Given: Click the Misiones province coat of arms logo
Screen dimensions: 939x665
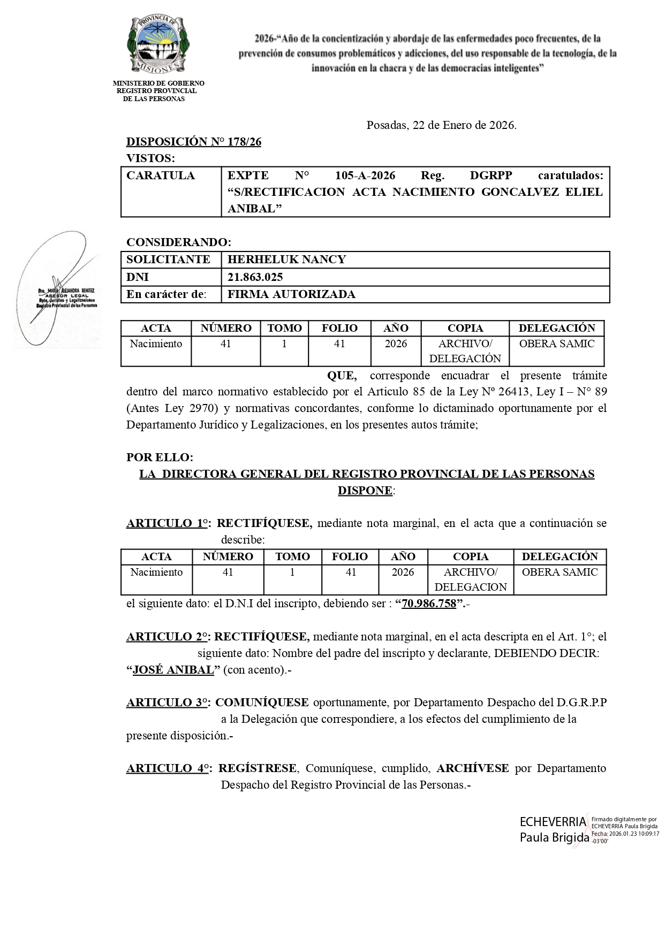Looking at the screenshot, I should (x=158, y=45).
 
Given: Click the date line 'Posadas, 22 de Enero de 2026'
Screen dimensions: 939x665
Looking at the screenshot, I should (x=441, y=126).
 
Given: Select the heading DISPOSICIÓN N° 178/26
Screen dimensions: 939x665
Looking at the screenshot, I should (x=193, y=142).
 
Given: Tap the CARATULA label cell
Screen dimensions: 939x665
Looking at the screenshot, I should (x=161, y=176).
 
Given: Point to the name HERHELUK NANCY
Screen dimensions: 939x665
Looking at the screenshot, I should (x=286, y=260).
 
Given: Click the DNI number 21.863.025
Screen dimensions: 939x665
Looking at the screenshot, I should (x=255, y=277).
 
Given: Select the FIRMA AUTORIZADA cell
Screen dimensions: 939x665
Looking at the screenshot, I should (x=291, y=294).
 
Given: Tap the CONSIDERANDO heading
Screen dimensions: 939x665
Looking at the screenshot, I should (x=178, y=242).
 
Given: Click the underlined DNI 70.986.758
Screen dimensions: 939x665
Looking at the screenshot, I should (x=429, y=604).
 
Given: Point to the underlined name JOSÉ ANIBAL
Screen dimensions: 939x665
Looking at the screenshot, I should (x=173, y=670).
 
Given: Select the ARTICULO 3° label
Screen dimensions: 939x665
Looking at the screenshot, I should (x=168, y=703).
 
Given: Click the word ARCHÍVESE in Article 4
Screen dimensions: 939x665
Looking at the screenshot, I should (x=472, y=768).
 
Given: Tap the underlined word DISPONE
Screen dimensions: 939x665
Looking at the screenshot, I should (x=365, y=491).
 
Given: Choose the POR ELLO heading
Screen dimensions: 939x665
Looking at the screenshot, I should (x=160, y=458).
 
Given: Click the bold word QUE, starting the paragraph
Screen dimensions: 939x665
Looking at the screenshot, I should (x=342, y=376).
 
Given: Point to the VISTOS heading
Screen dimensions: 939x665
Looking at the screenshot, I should (x=150, y=158).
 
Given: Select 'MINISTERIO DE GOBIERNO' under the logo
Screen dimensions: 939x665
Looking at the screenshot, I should (x=158, y=83).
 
